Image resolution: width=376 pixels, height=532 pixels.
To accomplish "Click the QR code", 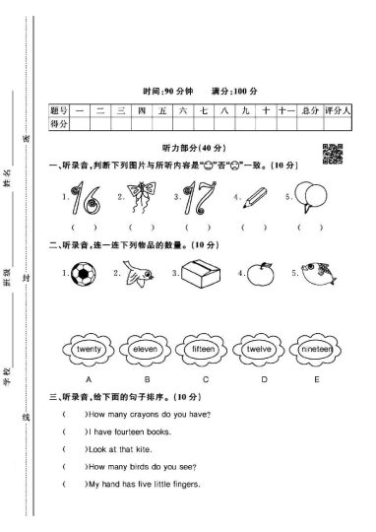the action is [x=332, y=153].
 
